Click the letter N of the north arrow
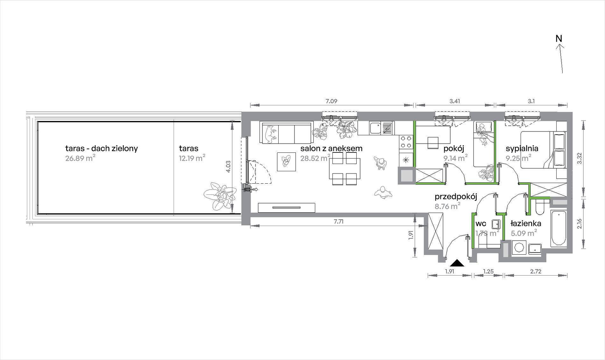click(x=559, y=39)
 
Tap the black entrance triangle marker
click(x=457, y=263)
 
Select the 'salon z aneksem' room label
click(x=331, y=148)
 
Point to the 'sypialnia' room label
click(x=522, y=148)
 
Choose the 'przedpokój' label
click(x=456, y=197)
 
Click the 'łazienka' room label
click(x=526, y=223)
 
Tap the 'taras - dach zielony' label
click(x=101, y=148)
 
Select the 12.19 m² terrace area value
click(x=192, y=158)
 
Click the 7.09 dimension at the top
click(x=331, y=101)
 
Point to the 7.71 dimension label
click(x=338, y=222)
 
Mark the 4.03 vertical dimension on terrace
click(x=228, y=166)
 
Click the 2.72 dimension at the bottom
click(x=536, y=272)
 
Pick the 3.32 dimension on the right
click(x=580, y=158)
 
